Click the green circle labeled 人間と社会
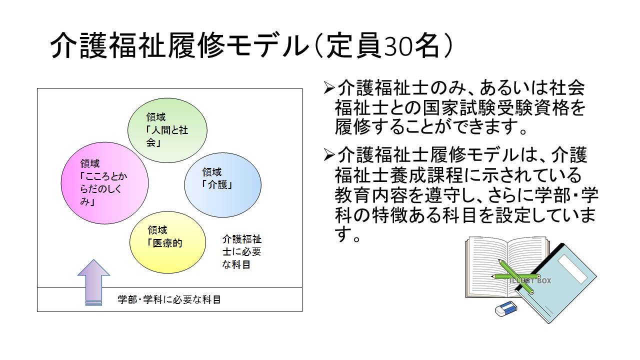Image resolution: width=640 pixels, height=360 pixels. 167,130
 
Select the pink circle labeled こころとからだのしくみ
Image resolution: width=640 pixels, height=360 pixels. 104,183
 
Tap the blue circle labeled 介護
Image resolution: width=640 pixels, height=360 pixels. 222,185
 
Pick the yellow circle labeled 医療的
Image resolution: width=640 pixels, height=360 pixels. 167,242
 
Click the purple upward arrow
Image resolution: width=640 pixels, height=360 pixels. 93,282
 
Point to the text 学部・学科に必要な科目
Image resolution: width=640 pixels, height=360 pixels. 169,299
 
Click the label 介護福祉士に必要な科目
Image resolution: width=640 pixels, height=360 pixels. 241,251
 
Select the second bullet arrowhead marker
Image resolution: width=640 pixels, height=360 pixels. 328,154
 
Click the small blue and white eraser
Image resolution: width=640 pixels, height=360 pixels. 506,308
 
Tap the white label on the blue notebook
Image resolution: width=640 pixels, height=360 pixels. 572,268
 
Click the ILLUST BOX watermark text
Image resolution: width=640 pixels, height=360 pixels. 530,281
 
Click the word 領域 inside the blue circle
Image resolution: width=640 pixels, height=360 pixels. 211,172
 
